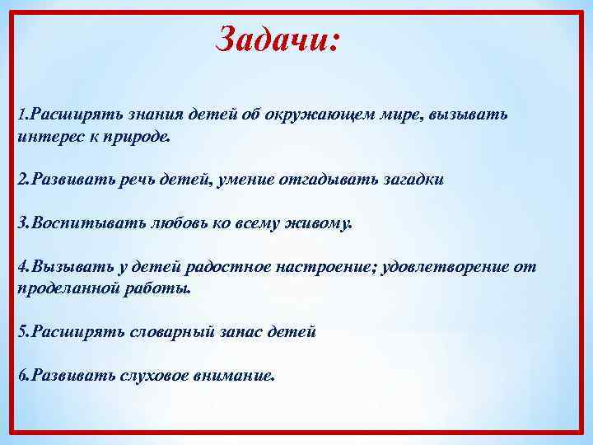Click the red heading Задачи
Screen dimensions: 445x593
[277, 38]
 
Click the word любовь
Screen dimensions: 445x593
[171, 223]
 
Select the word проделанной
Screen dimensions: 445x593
[61, 288]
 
